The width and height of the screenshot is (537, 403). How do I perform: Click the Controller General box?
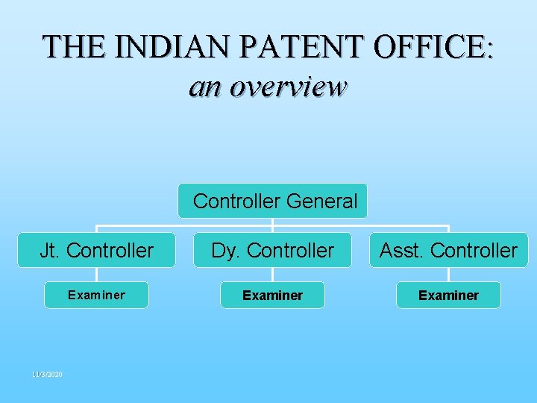[x=273, y=201]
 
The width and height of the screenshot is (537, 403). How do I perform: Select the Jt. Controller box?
[x=97, y=251]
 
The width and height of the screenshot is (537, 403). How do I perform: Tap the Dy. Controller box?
[x=273, y=251]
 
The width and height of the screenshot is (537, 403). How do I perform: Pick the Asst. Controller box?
[x=448, y=251]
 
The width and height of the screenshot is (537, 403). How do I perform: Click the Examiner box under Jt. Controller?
[x=97, y=295]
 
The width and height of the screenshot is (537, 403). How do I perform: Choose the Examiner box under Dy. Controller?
[x=273, y=295]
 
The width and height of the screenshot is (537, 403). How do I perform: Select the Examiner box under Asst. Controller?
[x=448, y=295]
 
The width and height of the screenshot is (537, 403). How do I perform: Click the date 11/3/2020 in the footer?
[x=47, y=374]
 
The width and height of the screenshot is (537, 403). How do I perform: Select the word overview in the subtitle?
[x=289, y=87]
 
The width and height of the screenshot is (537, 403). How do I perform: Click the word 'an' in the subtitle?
[x=206, y=87]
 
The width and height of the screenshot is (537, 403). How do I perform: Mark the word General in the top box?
[x=321, y=201]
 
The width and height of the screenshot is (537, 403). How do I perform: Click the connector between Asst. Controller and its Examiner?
[x=448, y=274]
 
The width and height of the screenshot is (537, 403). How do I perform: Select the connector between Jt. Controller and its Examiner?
[x=97, y=274]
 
